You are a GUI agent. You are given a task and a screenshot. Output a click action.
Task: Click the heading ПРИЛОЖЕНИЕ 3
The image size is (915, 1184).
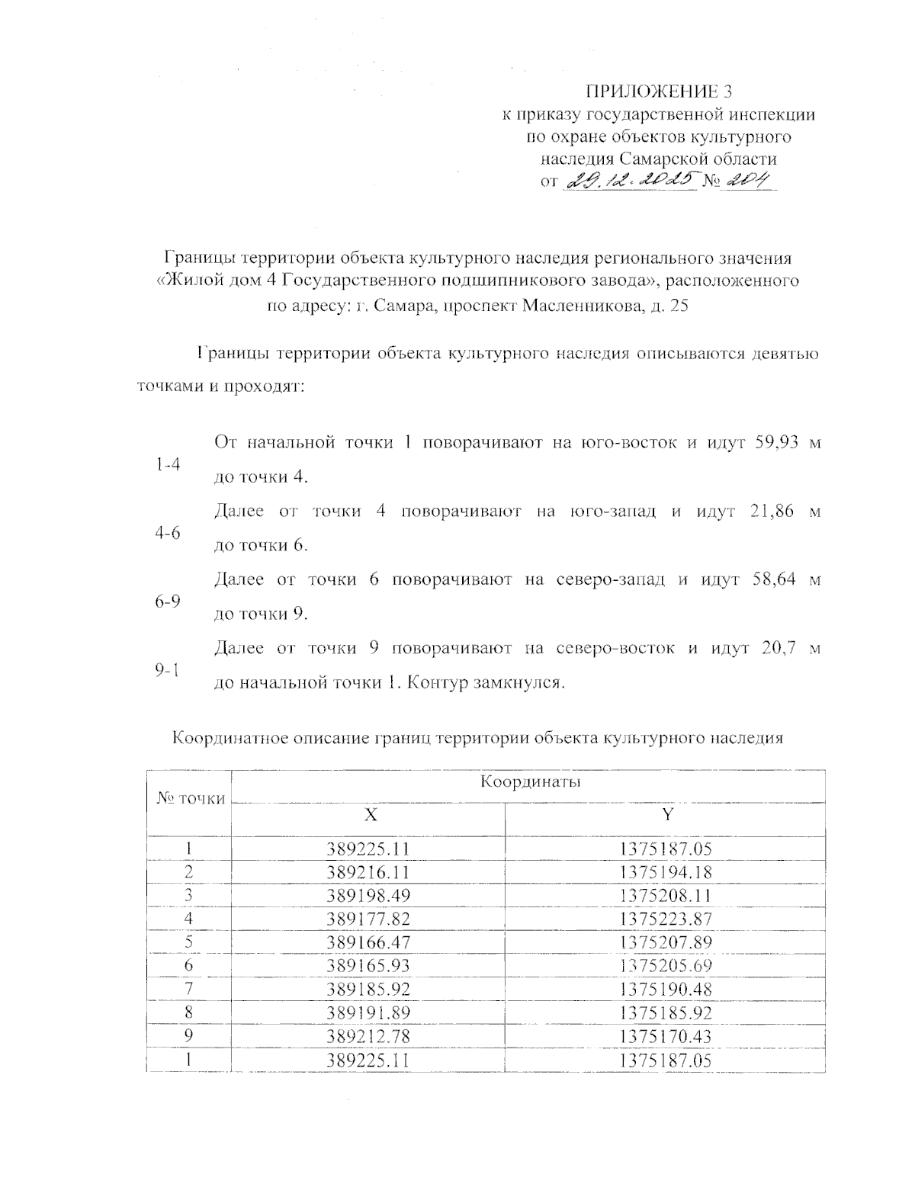[658, 92]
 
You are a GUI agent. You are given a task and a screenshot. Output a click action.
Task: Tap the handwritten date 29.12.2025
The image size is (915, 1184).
[630, 181]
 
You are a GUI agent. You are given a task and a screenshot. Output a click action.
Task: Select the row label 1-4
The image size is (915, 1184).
[167, 464]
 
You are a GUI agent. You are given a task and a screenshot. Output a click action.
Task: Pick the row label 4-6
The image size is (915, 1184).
[167, 533]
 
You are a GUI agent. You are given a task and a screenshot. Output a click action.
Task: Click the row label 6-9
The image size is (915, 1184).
[167, 602]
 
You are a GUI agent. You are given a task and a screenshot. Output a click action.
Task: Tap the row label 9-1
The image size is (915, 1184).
[167, 670]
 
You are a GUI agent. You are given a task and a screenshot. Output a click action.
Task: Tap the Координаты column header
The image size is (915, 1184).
[526, 783]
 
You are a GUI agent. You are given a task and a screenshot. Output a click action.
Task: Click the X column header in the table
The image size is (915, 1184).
[370, 814]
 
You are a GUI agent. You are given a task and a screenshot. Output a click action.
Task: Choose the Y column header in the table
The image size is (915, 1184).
[667, 814]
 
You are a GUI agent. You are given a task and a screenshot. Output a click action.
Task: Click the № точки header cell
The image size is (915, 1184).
[191, 799]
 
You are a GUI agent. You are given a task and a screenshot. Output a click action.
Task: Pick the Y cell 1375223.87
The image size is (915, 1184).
[666, 919]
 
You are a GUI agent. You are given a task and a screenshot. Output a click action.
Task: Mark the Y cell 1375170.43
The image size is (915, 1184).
[666, 1036]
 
